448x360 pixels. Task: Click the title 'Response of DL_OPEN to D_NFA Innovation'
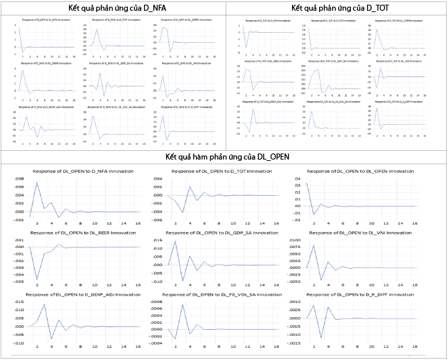point(83,172)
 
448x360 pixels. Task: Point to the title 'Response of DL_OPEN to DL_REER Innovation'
point(83,233)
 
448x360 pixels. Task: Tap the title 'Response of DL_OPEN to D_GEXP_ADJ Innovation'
point(83,294)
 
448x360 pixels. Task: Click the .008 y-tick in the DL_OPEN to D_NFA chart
point(19,179)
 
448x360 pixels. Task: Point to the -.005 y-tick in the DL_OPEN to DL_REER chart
point(19,281)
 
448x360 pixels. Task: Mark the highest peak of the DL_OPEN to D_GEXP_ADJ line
point(44,305)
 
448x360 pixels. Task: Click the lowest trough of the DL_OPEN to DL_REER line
point(37,279)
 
